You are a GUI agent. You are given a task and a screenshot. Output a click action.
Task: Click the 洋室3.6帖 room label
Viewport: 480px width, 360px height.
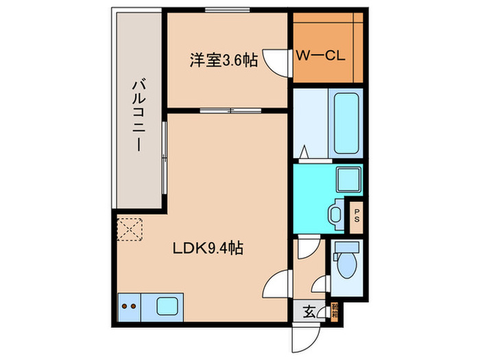(x=224, y=60)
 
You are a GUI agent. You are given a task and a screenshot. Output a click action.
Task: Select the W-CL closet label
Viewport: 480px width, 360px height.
(x=321, y=56)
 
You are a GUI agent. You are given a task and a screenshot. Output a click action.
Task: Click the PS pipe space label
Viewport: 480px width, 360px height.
(x=356, y=216)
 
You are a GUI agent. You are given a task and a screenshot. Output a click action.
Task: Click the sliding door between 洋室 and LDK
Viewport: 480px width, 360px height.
(x=227, y=110)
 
